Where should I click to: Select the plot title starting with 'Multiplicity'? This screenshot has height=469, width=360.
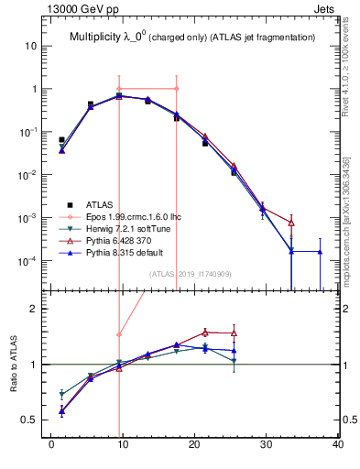192,37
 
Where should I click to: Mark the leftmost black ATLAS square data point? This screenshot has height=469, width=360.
61,140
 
